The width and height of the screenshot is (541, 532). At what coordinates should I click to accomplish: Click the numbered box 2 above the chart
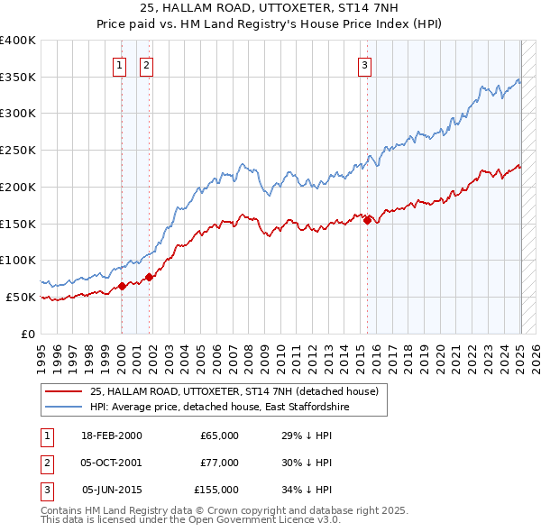point(146,64)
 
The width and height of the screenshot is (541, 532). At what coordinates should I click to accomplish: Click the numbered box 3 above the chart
point(364,64)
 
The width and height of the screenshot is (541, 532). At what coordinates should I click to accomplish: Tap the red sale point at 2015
point(368,220)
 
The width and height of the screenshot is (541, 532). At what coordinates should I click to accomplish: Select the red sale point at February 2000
point(122,286)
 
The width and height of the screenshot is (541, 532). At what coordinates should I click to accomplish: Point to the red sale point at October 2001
point(149,277)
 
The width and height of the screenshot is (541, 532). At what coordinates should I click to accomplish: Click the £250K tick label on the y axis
point(18,150)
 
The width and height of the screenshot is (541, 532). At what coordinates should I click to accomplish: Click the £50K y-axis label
point(22,297)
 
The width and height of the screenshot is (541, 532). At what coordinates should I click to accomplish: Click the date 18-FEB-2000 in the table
point(112,436)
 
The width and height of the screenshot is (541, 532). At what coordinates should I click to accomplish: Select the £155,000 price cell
point(215,490)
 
